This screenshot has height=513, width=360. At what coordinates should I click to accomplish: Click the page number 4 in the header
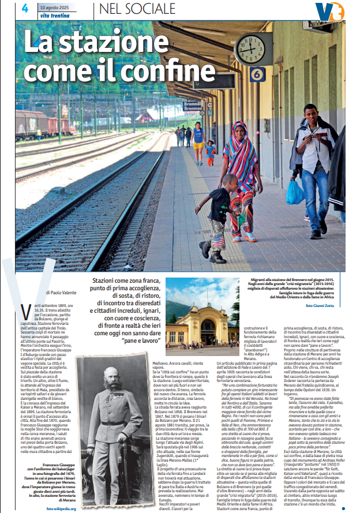point(25,8)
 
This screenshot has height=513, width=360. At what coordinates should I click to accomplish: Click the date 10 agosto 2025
point(58,7)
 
